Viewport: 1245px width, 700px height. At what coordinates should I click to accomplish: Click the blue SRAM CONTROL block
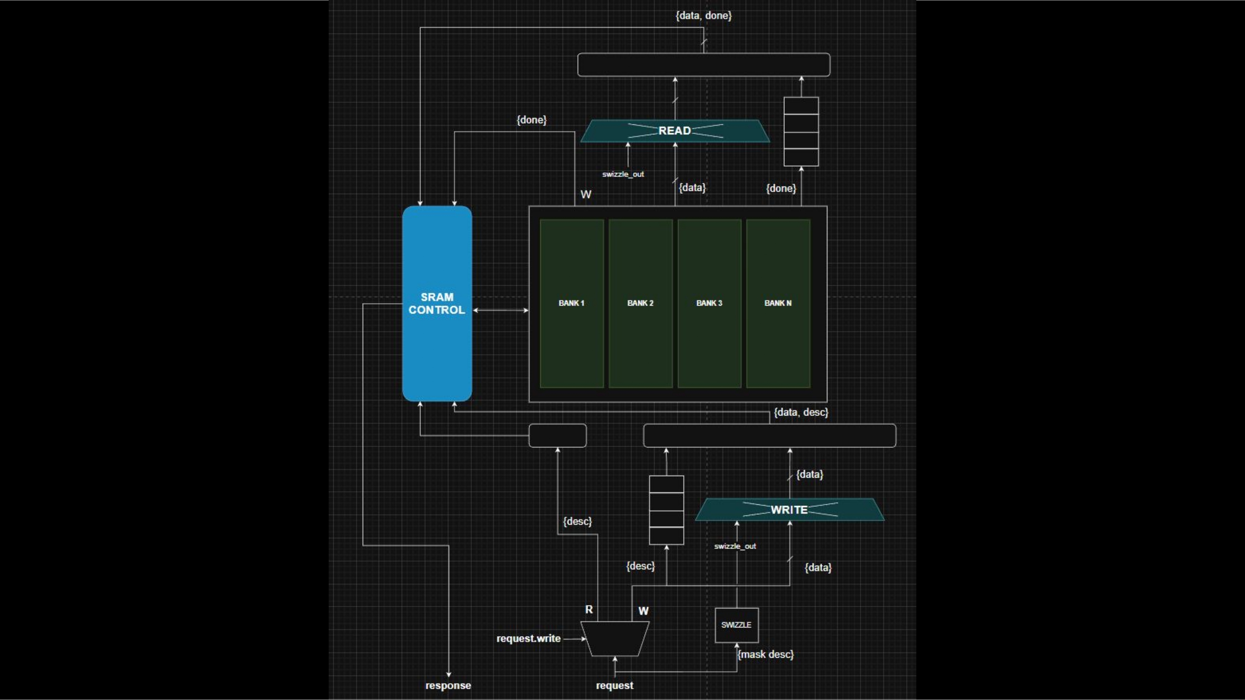[x=437, y=304]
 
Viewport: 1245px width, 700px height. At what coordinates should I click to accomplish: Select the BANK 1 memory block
[x=572, y=304]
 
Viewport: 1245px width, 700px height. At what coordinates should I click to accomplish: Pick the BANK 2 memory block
[x=640, y=304]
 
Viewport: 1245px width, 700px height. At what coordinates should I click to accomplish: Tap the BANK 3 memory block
[x=709, y=304]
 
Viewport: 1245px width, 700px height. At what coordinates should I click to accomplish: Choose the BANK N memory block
[x=778, y=304]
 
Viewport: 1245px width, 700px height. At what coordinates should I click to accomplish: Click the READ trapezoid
[x=675, y=131]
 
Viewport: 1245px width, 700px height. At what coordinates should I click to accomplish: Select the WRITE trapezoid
[x=789, y=510]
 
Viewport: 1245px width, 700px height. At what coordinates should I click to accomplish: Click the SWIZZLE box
[x=737, y=625]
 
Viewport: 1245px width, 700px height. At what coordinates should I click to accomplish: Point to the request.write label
[x=528, y=639]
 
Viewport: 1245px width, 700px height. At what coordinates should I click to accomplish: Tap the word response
[x=448, y=685]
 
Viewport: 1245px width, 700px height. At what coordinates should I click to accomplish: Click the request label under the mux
[x=614, y=685]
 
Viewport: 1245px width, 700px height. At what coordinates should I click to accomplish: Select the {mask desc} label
[x=766, y=654]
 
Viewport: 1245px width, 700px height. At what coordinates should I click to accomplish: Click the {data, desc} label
[x=801, y=412]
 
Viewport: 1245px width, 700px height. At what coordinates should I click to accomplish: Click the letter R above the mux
[x=588, y=610]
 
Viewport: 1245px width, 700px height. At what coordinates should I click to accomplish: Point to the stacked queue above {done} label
[x=801, y=131]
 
